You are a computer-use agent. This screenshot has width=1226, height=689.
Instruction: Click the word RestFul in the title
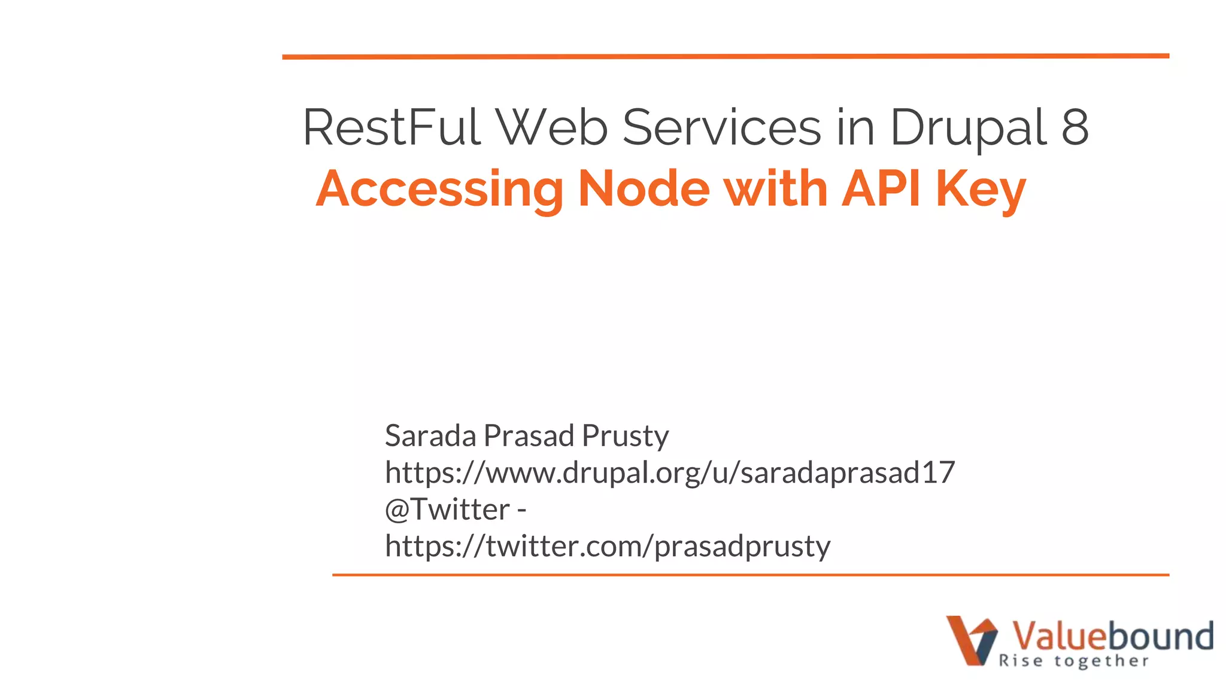(392, 127)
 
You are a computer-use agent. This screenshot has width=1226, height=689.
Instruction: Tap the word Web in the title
(553, 127)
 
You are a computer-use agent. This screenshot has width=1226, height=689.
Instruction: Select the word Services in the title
(722, 127)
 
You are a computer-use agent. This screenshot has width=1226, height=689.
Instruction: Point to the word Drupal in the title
(969, 129)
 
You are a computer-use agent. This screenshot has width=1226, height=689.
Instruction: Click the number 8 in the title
(1075, 127)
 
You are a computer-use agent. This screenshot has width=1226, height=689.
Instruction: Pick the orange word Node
(644, 189)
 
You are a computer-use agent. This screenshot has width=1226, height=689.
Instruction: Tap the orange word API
(881, 189)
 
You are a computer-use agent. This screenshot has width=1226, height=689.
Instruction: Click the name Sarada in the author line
(430, 435)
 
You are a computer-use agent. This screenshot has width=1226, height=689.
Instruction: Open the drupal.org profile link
(669, 472)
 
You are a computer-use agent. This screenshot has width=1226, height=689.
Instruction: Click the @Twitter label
(447, 510)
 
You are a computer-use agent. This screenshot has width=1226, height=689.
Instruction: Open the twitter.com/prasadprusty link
(608, 546)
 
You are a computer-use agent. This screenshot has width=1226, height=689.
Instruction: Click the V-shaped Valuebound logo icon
(972, 640)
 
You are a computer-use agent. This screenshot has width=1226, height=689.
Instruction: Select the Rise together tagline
(1074, 661)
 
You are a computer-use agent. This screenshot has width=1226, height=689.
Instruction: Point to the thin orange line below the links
(751, 575)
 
